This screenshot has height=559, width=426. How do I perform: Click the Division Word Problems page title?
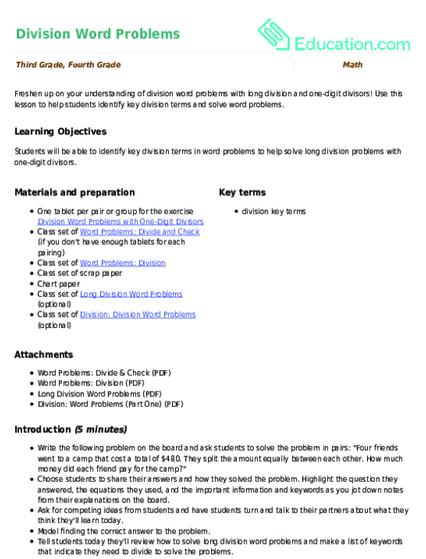[98, 34]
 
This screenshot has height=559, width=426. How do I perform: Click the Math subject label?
[352, 66]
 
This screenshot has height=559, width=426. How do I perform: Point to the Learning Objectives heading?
[60, 132]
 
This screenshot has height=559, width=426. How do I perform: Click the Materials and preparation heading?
[75, 193]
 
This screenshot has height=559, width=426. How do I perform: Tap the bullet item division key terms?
[273, 210]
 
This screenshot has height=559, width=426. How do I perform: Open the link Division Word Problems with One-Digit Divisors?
[121, 221]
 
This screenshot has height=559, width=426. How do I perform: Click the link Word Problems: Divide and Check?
[139, 231]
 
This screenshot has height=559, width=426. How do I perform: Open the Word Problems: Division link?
[122, 262]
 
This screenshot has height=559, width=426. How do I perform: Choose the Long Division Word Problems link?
[131, 294]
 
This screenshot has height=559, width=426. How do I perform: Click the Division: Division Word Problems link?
[138, 314]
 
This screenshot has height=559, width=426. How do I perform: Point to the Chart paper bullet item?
[58, 283]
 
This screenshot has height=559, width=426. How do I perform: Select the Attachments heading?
[44, 355]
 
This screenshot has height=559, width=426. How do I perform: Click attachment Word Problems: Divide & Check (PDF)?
[104, 373]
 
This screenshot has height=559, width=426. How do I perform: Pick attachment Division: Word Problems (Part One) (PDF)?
[110, 404]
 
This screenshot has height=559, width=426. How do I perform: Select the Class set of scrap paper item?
[80, 273]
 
